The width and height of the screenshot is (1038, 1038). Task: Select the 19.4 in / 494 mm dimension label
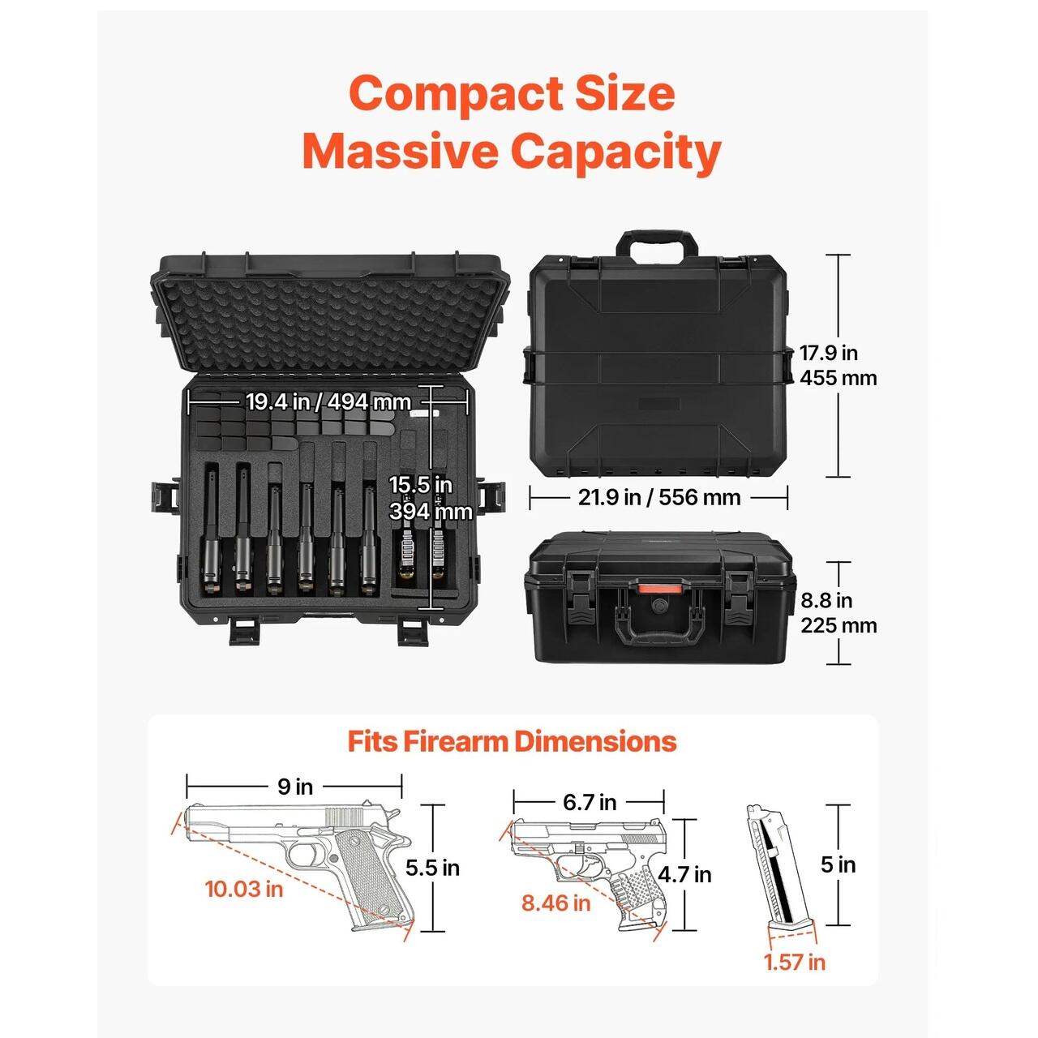tap(328, 402)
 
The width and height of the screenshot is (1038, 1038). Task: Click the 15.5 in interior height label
tap(421, 485)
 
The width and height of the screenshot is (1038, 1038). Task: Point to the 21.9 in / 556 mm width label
tap(659, 497)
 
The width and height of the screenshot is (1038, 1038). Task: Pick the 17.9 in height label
tap(828, 354)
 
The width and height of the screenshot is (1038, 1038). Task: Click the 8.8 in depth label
tap(826, 600)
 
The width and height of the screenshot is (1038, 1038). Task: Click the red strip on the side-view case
tap(657, 590)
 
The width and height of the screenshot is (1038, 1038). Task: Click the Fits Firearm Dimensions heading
tap(512, 741)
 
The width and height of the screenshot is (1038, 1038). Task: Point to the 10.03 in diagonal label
tap(244, 889)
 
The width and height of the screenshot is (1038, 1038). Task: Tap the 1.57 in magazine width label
tap(795, 962)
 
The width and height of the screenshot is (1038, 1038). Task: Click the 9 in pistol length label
tap(295, 787)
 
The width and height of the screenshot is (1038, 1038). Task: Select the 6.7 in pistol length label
tap(590, 803)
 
